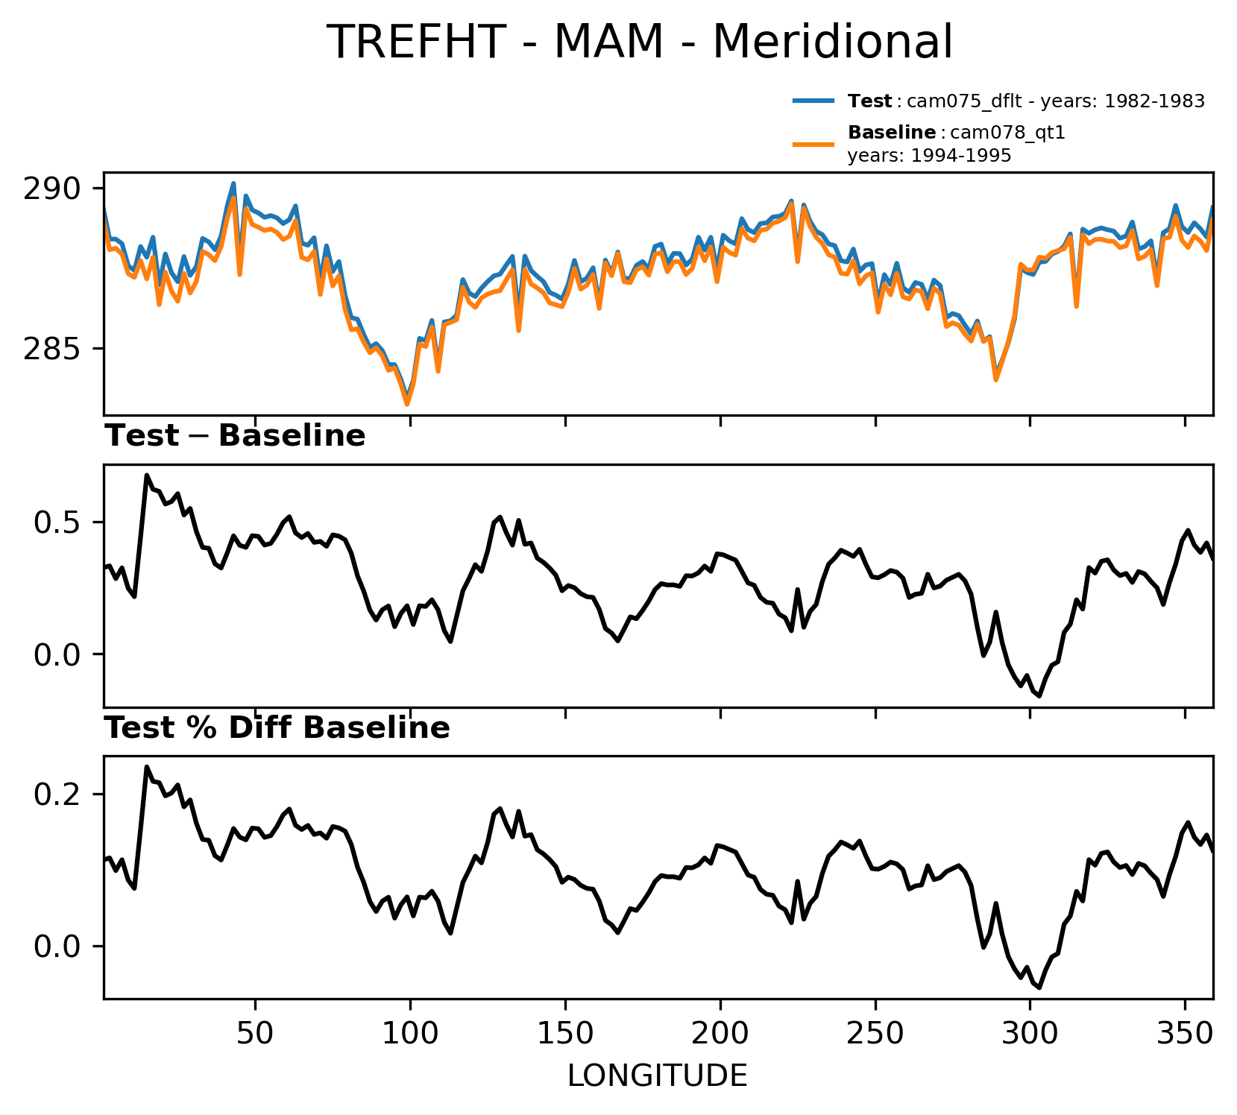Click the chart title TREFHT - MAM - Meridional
pos(640,42)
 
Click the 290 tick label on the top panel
pos(51,189)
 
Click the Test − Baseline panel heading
pos(235,437)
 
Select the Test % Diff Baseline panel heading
pos(277,729)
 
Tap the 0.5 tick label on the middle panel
pos(57,522)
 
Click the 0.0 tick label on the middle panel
pos(57,655)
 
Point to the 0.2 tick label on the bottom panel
pos(57,795)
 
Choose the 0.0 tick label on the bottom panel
pos(57,947)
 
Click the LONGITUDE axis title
pos(657,1076)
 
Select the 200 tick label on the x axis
pos(720,1035)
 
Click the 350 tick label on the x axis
pos(1185,1035)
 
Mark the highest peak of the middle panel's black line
pos(147,475)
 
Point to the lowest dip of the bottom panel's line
pos(1039,988)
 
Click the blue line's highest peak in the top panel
pos(233,183)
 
